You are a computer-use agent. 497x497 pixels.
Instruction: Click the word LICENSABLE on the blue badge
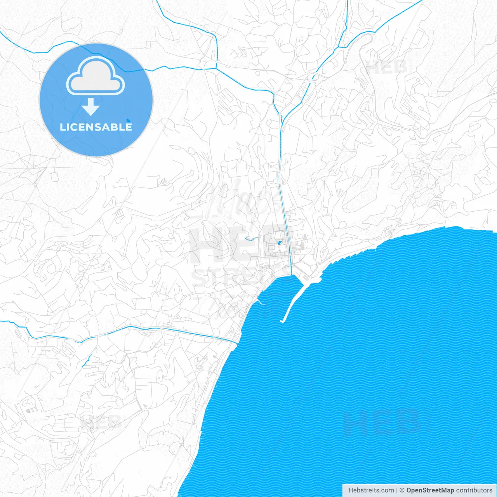point(96,127)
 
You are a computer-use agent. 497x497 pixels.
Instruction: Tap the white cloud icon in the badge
point(96,77)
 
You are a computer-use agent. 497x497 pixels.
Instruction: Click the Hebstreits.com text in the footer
point(371,490)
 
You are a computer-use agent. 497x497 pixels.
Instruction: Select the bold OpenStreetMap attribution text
point(430,490)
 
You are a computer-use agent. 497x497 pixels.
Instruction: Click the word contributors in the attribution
point(474,490)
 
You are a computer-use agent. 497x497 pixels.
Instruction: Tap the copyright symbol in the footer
point(402,490)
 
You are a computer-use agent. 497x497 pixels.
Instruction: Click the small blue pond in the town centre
point(279,243)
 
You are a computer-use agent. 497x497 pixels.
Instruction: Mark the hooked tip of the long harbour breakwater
point(282,321)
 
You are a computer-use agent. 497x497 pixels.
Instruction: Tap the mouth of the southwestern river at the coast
point(235,342)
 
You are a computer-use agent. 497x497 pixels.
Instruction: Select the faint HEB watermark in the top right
point(387,67)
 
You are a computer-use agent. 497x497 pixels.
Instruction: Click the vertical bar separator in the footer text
point(397,490)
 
